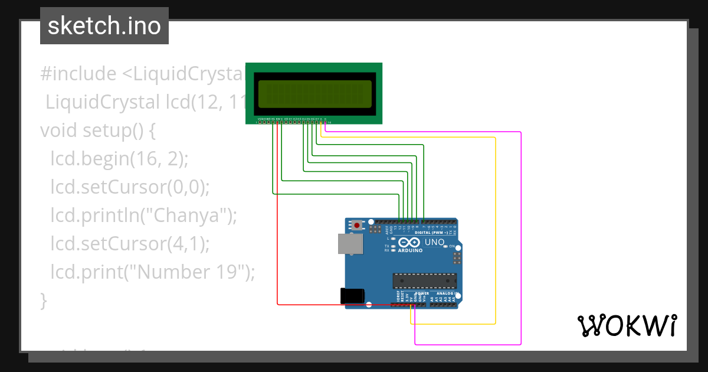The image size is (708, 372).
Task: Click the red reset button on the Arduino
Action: point(356,225)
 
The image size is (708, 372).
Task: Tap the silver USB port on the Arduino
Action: point(349,244)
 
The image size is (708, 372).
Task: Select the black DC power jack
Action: point(352,296)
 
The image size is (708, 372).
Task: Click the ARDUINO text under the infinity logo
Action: point(411,250)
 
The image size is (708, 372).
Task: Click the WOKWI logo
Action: point(627,325)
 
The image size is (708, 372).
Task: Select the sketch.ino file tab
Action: point(104,26)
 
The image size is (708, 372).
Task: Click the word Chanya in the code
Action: point(188,216)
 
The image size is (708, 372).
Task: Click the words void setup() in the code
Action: point(97,130)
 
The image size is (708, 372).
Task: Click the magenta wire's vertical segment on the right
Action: point(521,236)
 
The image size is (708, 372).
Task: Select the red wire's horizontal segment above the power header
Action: point(313,305)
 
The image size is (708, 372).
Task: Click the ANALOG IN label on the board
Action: point(448,293)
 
